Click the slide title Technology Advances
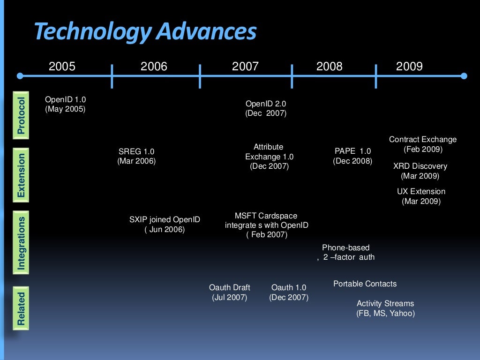(x=145, y=32)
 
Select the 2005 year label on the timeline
(x=62, y=67)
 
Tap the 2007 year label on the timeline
(x=245, y=67)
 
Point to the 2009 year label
(x=409, y=67)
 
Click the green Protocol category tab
(x=21, y=115)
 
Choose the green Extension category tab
(x=21, y=175)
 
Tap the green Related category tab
(x=21, y=308)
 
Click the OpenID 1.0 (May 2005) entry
(x=65, y=104)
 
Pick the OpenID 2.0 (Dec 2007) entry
(x=266, y=108)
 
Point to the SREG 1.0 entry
(x=136, y=156)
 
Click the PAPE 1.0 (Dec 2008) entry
(x=352, y=156)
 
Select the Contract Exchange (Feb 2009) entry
(x=423, y=144)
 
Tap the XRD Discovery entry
(x=420, y=171)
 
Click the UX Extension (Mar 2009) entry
(x=421, y=196)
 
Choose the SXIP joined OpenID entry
(x=165, y=224)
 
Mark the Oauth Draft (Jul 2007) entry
(x=229, y=292)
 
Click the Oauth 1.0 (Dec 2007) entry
(x=289, y=292)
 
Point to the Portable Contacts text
(x=365, y=284)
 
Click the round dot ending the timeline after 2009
(x=464, y=76)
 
